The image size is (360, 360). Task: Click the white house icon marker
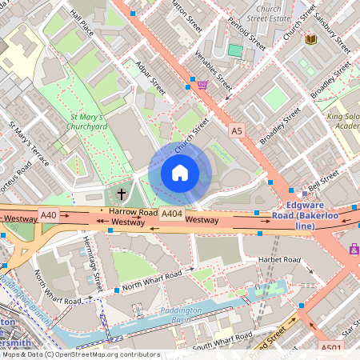179,172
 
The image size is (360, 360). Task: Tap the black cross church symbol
122,194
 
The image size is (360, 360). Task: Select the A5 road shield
236,130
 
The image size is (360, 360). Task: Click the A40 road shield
49,214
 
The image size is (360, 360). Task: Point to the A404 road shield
171,214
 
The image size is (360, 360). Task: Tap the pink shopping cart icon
202,84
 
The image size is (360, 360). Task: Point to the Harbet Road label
278,261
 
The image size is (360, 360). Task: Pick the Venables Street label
214,70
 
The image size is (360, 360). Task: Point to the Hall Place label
82,25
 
